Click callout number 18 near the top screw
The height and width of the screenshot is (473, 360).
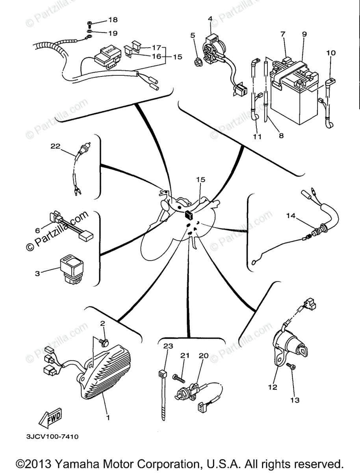tap(113, 20)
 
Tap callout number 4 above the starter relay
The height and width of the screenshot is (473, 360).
tap(210, 19)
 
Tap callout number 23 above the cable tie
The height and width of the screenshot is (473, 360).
tap(168, 346)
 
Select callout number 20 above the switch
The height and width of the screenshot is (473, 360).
tap(203, 356)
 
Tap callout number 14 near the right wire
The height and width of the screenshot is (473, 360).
tap(290, 216)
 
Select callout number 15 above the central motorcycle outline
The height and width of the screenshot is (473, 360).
tap(201, 179)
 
